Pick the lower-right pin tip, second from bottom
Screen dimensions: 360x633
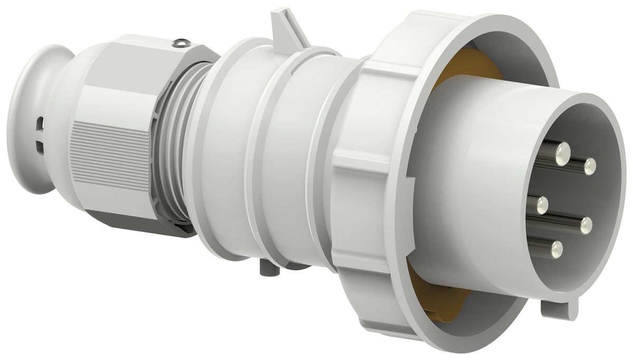tap(586, 226)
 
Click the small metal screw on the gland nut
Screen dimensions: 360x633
tap(181, 43)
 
